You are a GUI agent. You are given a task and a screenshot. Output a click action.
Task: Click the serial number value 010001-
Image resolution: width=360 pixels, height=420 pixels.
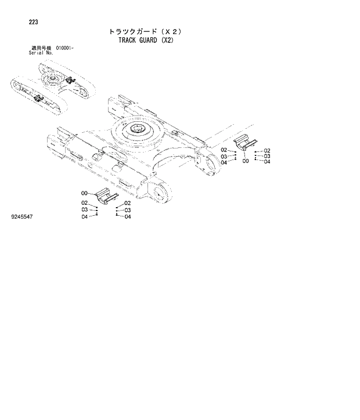tap(64, 48)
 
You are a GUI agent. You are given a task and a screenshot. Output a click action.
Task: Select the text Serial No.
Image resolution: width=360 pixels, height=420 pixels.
tap(41, 53)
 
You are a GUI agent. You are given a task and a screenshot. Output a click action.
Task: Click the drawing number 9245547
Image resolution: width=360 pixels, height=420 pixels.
tap(23, 216)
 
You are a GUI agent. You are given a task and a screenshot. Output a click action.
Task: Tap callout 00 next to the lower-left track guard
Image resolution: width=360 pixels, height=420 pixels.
tap(84, 193)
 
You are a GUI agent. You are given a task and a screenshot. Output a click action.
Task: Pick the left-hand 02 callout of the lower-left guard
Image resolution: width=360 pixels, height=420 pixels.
tap(84, 203)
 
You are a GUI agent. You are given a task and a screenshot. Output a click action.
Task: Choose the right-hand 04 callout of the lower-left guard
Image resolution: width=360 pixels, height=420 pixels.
tap(127, 217)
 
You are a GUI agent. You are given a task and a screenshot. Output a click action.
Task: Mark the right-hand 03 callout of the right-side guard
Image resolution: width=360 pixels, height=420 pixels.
tap(267, 156)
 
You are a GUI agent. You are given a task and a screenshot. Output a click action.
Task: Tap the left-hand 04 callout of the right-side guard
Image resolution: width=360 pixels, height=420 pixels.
tap(224, 162)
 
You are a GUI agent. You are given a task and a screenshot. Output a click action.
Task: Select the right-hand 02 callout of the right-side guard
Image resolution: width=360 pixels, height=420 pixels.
tap(267, 150)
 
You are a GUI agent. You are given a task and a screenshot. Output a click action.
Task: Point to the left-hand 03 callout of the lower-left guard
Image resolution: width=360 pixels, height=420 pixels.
tap(84, 210)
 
